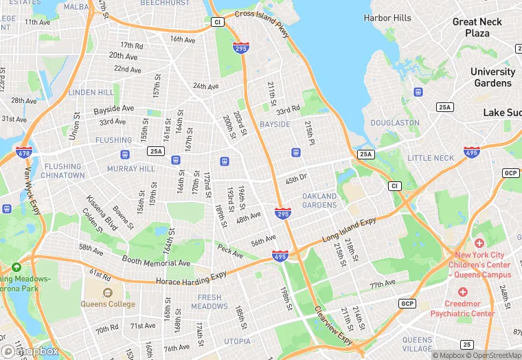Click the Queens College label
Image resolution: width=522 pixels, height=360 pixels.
click(x=108, y=304)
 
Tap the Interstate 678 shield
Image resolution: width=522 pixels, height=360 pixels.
click(x=23, y=152)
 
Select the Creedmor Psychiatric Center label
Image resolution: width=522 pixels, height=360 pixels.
click(x=462, y=308)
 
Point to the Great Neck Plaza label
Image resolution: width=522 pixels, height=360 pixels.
click(x=477, y=27)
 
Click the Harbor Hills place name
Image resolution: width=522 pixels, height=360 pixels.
click(x=387, y=18)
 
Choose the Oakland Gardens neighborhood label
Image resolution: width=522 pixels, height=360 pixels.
click(x=319, y=201)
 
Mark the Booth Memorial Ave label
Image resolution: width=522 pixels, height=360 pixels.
click(x=156, y=262)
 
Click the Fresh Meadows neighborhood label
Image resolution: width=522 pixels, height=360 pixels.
click(x=209, y=302)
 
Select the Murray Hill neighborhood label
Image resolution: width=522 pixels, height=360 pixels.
click(x=131, y=168)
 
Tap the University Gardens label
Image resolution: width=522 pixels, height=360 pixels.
click(x=492, y=77)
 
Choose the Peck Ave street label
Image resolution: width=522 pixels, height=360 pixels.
click(x=230, y=251)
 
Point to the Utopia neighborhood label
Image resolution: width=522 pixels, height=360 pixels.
click(x=237, y=341)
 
